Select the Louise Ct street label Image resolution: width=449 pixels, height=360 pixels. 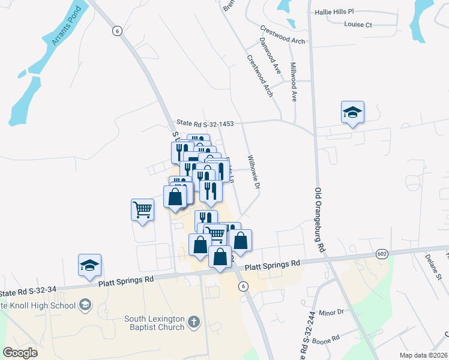(358, 25)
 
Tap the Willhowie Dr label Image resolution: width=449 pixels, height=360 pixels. (253, 173)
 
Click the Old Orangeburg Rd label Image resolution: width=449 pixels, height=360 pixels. (321, 220)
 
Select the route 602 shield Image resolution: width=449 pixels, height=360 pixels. (382, 254)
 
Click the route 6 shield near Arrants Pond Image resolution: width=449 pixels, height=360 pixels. (117, 30)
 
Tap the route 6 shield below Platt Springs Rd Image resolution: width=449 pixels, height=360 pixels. (243, 286)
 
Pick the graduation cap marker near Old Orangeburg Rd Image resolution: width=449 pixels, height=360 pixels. (352, 112)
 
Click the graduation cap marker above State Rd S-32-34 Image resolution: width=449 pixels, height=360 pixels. (89, 265)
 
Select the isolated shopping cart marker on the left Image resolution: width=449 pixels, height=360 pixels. (142, 210)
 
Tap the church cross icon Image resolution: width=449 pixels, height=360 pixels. (193, 322)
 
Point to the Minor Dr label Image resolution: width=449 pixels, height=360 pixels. (331, 312)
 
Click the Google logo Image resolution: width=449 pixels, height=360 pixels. (20, 353)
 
